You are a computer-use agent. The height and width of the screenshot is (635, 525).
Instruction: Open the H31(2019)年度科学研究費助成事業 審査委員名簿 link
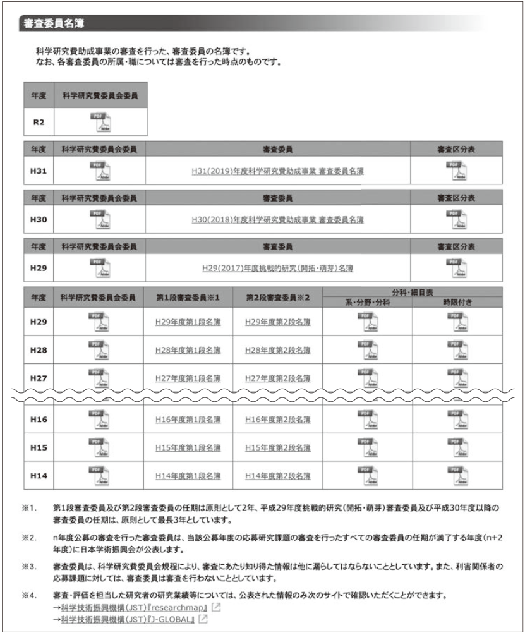(278, 171)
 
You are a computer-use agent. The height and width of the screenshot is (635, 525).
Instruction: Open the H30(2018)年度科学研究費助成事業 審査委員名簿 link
(278, 220)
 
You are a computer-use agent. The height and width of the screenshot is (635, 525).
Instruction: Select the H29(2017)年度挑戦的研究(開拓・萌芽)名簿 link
(278, 269)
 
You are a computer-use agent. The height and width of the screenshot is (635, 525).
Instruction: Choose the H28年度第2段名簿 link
(277, 350)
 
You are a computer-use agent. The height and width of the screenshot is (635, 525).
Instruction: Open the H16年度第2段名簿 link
(277, 419)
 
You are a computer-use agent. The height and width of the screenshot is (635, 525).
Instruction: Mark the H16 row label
(39, 419)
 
